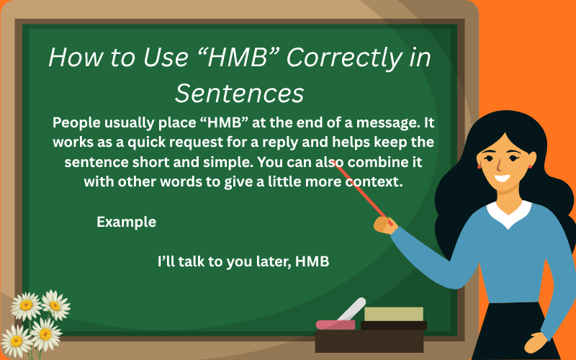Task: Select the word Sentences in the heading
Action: click(x=239, y=94)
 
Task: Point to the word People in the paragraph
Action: click(x=78, y=122)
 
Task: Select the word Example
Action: click(x=126, y=222)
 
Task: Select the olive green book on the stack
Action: click(x=393, y=314)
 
